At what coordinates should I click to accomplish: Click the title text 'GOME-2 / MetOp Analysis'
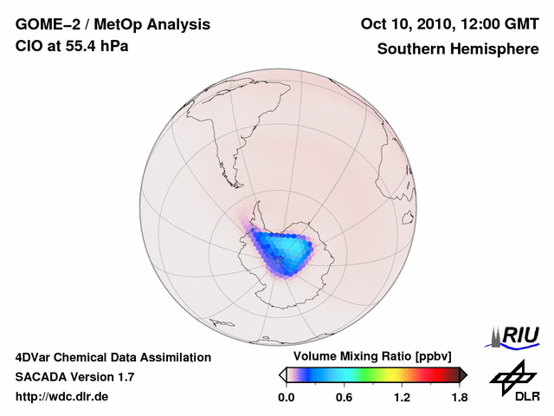[x=113, y=24]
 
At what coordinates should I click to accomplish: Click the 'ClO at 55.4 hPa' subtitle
[x=72, y=46]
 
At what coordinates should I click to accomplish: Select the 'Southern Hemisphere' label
[x=458, y=49]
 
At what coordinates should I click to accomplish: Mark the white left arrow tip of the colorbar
[x=281, y=374]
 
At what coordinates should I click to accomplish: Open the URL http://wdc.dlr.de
[x=62, y=397]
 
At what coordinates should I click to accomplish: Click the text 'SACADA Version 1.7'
[x=74, y=377]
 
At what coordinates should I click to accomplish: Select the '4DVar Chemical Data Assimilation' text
[x=113, y=357]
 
